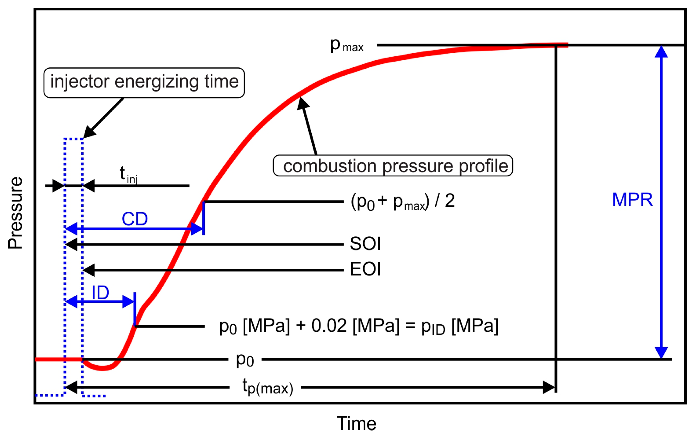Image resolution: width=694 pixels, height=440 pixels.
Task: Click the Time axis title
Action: [356, 424]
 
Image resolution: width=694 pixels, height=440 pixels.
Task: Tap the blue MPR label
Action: [632, 200]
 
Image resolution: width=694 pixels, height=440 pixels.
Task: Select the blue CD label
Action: [135, 219]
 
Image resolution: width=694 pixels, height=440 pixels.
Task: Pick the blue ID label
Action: [100, 293]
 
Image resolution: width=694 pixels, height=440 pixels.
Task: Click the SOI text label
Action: [365, 244]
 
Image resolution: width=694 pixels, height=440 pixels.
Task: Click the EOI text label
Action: [365, 269]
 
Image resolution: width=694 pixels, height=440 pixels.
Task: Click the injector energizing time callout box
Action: [144, 83]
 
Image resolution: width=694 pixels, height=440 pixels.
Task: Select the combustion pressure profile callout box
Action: [393, 166]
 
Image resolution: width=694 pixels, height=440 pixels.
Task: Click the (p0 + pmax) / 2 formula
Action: [403, 201]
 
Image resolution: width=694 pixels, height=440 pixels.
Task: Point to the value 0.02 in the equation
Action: [329, 326]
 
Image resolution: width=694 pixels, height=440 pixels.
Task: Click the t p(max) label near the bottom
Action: [268, 387]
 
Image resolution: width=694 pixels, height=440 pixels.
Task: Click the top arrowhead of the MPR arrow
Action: [661, 52]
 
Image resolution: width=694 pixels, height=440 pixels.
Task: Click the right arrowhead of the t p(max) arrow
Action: [549, 387]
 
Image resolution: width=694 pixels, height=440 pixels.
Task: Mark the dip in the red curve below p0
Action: [102, 368]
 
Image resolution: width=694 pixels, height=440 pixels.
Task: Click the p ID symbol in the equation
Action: [433, 327]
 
